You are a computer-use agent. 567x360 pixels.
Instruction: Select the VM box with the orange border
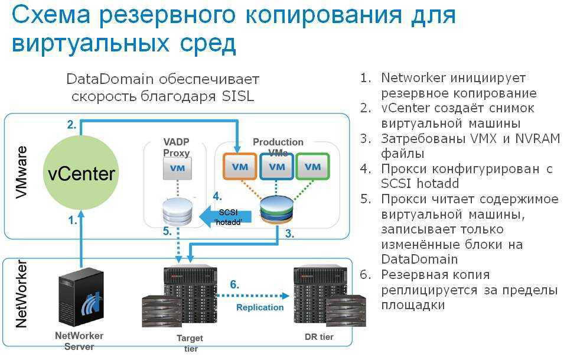[x=240, y=167]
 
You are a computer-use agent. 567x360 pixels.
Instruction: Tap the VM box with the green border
[x=313, y=167]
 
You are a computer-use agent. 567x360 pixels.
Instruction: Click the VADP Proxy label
[x=177, y=148]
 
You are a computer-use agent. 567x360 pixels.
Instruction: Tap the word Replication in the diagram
[x=260, y=307]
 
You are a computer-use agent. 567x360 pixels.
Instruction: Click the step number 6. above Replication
[x=234, y=285]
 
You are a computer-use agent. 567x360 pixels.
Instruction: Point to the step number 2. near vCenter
[x=71, y=125]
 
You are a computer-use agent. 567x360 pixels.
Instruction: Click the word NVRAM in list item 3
[x=536, y=139]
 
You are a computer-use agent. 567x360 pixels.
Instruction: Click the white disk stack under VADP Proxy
[x=177, y=211]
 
